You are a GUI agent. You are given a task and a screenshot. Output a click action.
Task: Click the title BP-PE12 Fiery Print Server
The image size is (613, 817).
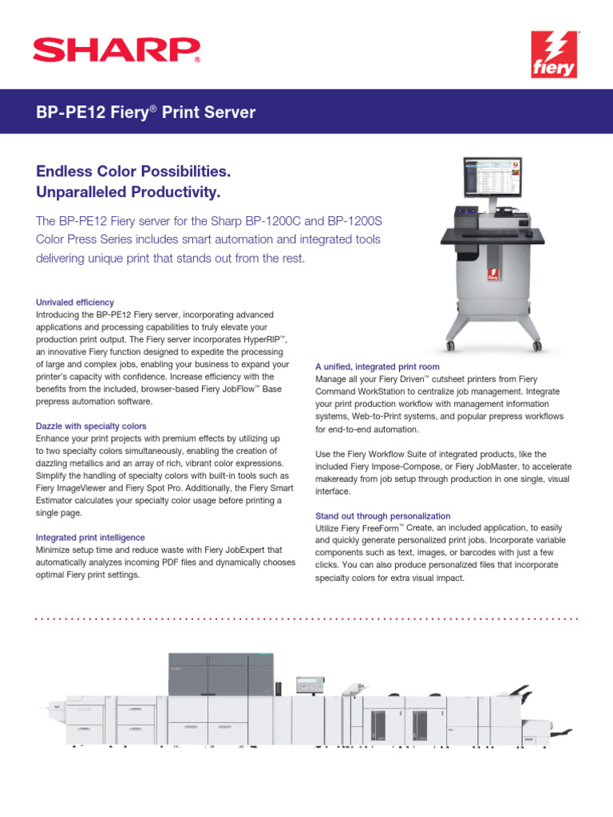[x=146, y=112]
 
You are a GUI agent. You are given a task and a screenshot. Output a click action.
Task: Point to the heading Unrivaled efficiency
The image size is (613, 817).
[x=75, y=302]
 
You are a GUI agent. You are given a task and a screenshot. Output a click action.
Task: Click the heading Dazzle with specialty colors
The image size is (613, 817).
[x=92, y=427]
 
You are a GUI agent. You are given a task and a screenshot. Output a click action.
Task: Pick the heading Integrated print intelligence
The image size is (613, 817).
[x=90, y=538]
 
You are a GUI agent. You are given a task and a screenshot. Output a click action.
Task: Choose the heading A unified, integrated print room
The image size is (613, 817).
[x=378, y=367]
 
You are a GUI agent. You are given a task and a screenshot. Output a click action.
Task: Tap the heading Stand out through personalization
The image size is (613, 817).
[x=383, y=516]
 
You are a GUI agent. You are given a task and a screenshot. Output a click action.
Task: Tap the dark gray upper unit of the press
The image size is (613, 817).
[x=220, y=674]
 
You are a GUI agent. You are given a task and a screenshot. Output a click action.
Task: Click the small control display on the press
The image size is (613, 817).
[x=307, y=685]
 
